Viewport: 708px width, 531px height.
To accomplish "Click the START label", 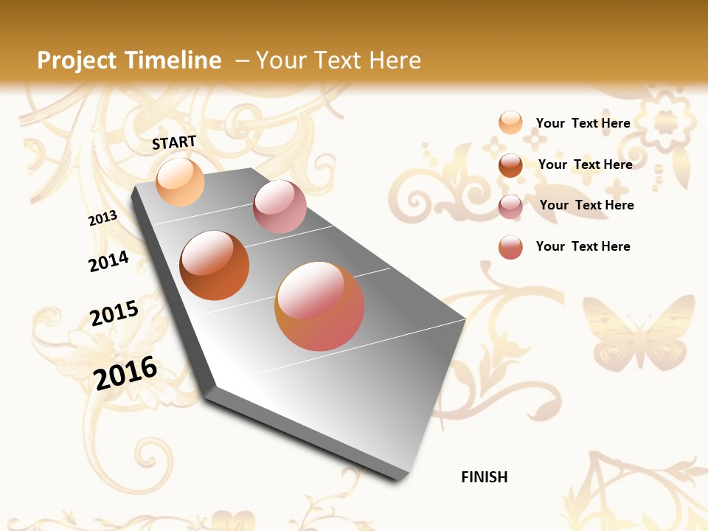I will pyautogui.click(x=174, y=142).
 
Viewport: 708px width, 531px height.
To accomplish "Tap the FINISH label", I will pyautogui.click(x=484, y=477).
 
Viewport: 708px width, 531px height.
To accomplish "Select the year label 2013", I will pyautogui.click(x=103, y=218).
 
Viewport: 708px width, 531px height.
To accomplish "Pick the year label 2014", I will pyautogui.click(x=108, y=261).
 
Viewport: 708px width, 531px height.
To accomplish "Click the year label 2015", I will pyautogui.click(x=114, y=313).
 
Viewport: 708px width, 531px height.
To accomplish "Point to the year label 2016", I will pyautogui.click(x=125, y=373).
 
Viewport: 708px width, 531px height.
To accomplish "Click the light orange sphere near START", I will pyautogui.click(x=180, y=181).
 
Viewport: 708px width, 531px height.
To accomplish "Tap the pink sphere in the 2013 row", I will pyautogui.click(x=280, y=206).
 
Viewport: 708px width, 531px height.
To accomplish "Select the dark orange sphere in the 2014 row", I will pyautogui.click(x=215, y=265).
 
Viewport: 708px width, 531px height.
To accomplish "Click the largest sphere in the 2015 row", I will pyautogui.click(x=319, y=306).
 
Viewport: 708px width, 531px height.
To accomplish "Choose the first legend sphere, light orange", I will pyautogui.click(x=510, y=122).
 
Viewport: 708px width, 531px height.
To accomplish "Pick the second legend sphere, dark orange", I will pyautogui.click(x=510, y=165).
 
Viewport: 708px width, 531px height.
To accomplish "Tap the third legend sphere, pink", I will pyautogui.click(x=510, y=206).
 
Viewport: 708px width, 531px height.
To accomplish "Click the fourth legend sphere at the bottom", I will pyautogui.click(x=510, y=247).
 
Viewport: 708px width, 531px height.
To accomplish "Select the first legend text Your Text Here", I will pyautogui.click(x=583, y=123).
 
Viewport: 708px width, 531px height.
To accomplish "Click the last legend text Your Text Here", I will pyautogui.click(x=583, y=246).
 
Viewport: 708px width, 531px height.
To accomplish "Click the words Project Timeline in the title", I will pyautogui.click(x=129, y=60).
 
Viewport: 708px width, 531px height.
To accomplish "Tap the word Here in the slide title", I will pyautogui.click(x=394, y=60).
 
